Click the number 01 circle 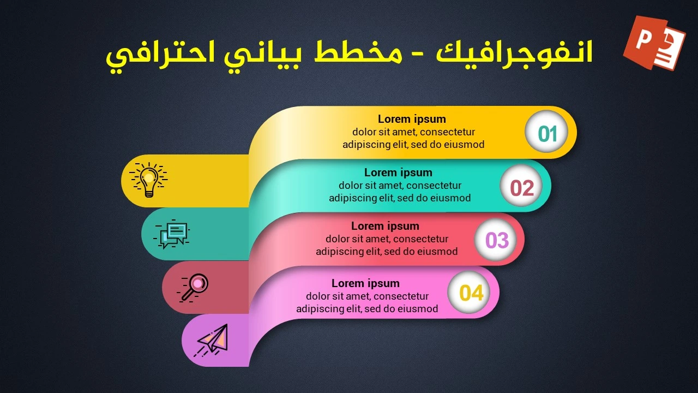pos(546,133)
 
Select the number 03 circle pos(496,240)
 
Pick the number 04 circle pos(471,293)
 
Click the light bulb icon pos(148,179)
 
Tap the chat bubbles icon pos(173,234)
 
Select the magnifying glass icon pos(194,287)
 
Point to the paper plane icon pos(213,340)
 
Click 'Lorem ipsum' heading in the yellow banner pos(412,119)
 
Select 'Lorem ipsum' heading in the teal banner pos(398,172)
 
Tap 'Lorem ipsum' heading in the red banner pos(385,226)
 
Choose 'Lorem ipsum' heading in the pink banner pos(365,283)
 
